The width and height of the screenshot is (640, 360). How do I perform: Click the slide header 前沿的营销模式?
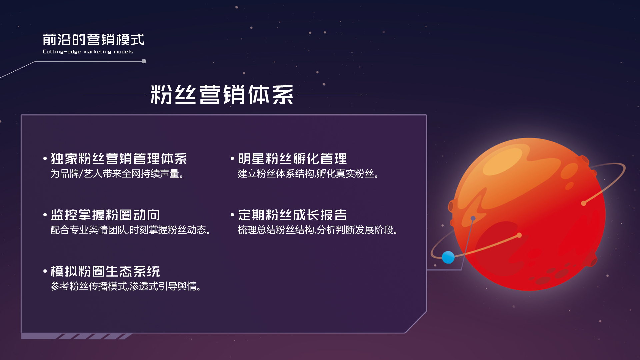pos(93,40)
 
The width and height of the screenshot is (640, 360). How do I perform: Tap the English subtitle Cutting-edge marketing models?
pos(88,52)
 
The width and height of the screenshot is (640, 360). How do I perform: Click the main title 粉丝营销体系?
pos(222,95)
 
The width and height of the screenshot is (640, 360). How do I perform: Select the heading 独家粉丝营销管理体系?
pos(119,159)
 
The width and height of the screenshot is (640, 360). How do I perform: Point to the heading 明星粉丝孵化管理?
pos(292,159)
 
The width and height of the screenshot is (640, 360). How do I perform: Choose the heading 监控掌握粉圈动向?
pos(105,215)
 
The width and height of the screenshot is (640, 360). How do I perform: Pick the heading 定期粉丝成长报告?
pos(292,215)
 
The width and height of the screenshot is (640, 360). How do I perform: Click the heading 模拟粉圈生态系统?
pos(105,271)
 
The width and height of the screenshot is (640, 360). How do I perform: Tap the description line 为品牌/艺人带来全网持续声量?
pos(117,174)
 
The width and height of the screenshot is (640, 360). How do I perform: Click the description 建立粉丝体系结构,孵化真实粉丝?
pos(308,174)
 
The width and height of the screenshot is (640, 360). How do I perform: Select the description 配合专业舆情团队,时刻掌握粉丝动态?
pos(130,230)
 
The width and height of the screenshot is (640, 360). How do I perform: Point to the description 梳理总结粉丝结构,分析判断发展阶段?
pos(318,230)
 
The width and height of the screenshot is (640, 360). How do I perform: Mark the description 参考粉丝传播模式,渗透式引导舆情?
pos(126,286)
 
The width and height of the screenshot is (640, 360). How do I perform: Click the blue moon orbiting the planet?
pos(448,257)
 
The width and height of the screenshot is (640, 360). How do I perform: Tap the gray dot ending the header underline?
pos(144,61)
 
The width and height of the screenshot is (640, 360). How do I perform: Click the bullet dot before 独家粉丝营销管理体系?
pos(45,159)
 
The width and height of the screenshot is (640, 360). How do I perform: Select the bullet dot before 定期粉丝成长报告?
pos(232,215)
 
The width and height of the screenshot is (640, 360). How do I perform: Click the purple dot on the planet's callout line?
pos(473,218)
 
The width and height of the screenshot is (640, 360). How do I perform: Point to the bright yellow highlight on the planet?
pos(502,161)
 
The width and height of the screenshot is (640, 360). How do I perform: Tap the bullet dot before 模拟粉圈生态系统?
pos(45,271)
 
